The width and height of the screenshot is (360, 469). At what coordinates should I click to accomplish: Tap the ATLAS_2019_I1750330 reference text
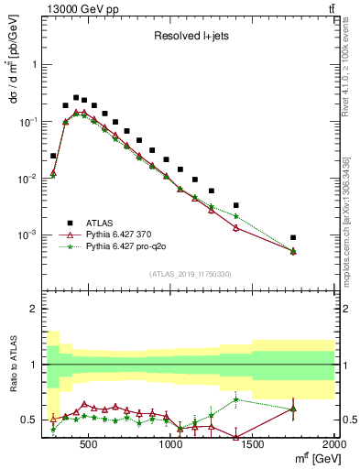[x=190, y=273]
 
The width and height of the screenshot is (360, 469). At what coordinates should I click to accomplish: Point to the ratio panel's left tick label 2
[x=34, y=309]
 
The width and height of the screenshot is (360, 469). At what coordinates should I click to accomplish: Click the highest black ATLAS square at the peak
[x=76, y=97]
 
